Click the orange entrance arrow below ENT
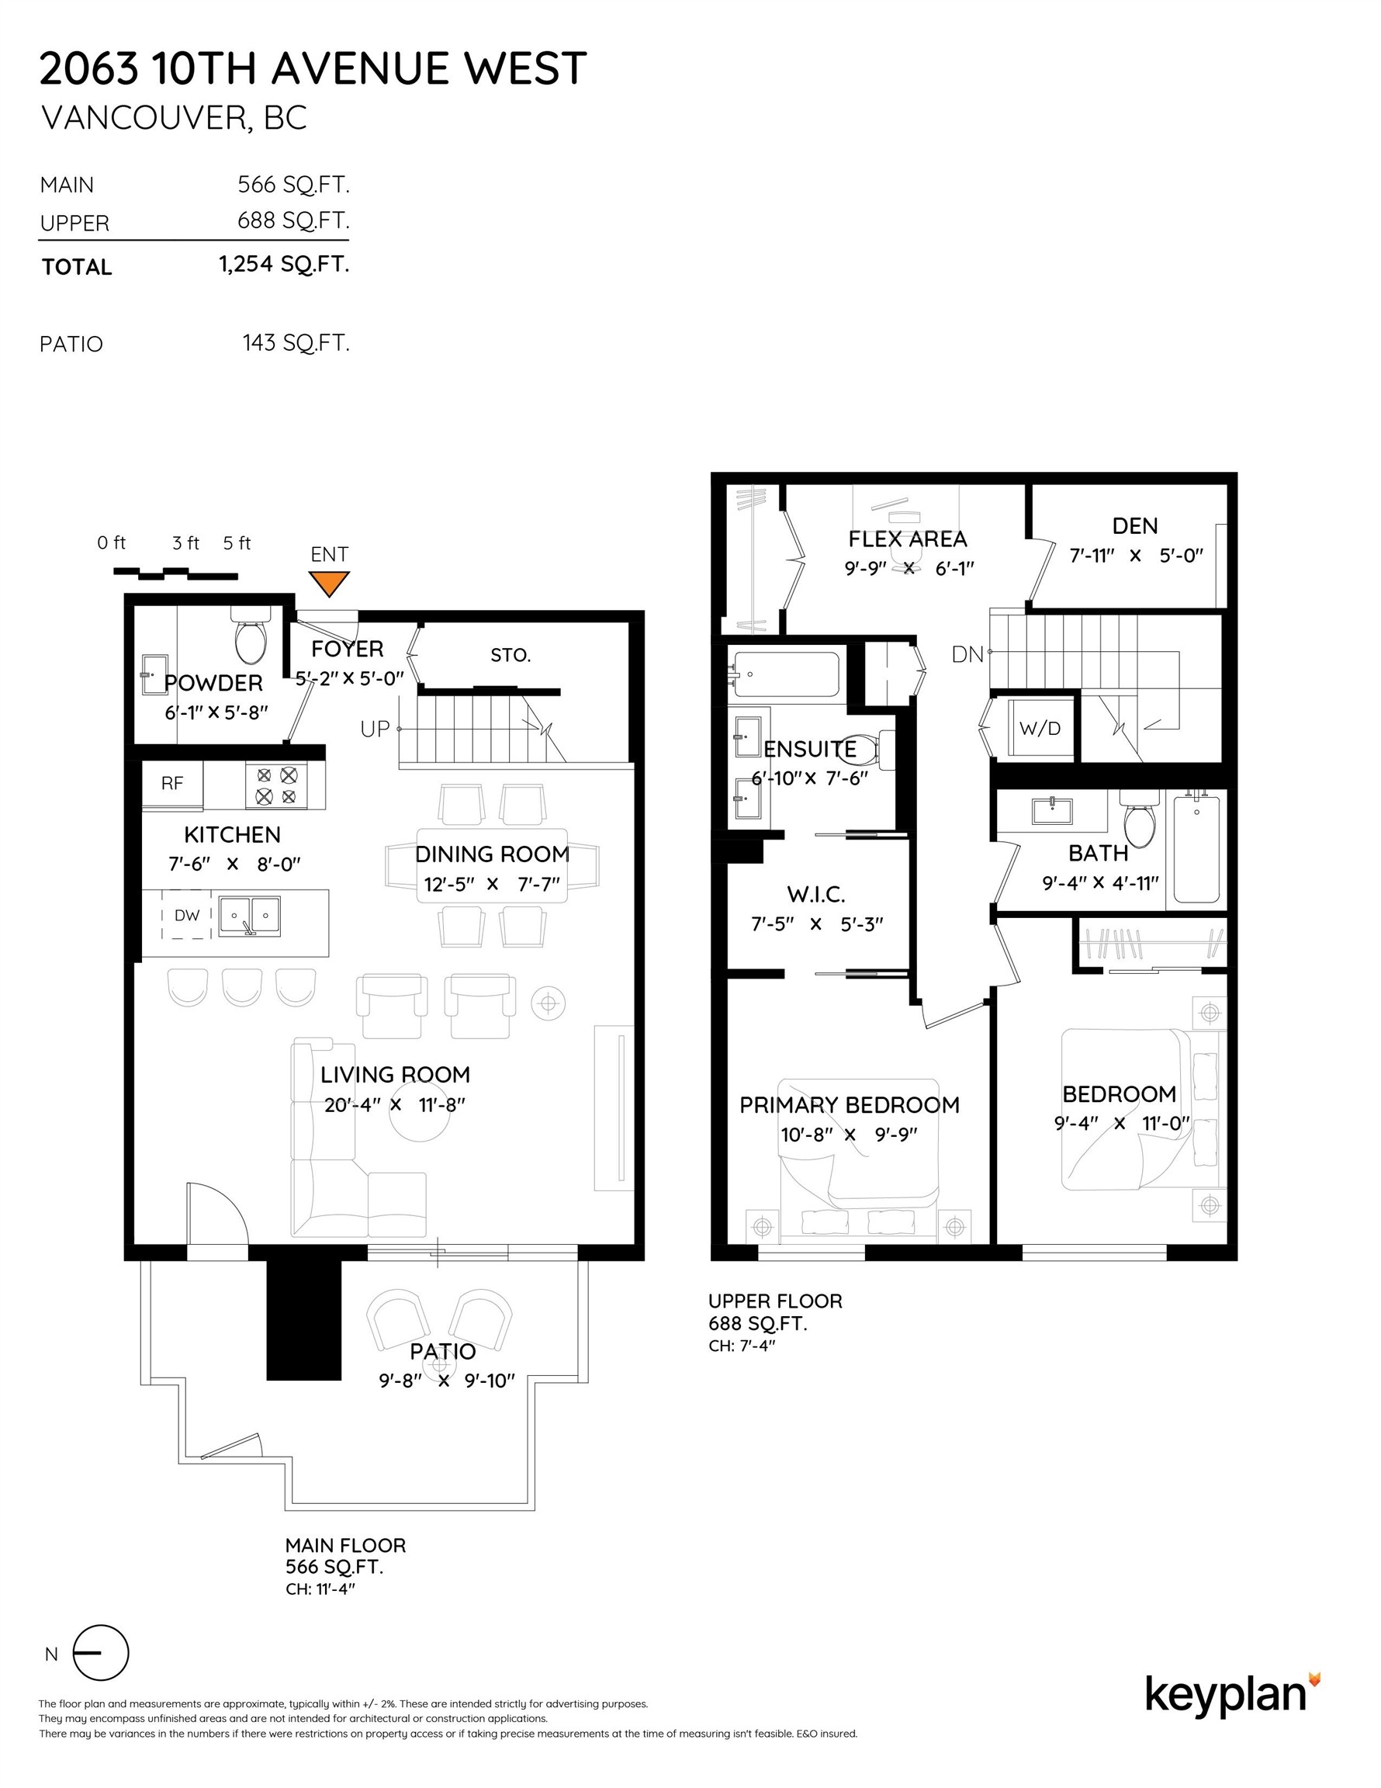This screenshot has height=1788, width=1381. [x=328, y=583]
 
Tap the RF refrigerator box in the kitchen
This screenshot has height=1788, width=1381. [x=173, y=784]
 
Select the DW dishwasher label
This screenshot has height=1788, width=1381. [x=187, y=915]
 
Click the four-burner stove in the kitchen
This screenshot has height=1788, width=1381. [x=276, y=785]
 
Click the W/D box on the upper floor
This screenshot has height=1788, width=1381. [x=1040, y=728]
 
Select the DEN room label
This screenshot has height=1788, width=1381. [x=1134, y=525]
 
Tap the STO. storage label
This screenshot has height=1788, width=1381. [x=511, y=655]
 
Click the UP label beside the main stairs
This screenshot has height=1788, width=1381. [x=375, y=729]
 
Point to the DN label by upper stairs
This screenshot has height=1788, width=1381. [x=967, y=654]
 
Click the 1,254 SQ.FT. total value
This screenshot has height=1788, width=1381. [x=284, y=265]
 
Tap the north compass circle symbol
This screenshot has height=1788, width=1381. [x=102, y=1653]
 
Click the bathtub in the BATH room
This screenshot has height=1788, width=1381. [x=1197, y=848]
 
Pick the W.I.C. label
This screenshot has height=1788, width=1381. [x=815, y=894]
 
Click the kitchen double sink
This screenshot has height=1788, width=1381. [x=250, y=915]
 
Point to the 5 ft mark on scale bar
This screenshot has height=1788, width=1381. [x=237, y=542]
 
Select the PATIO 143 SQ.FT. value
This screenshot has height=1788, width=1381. [x=296, y=342]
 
